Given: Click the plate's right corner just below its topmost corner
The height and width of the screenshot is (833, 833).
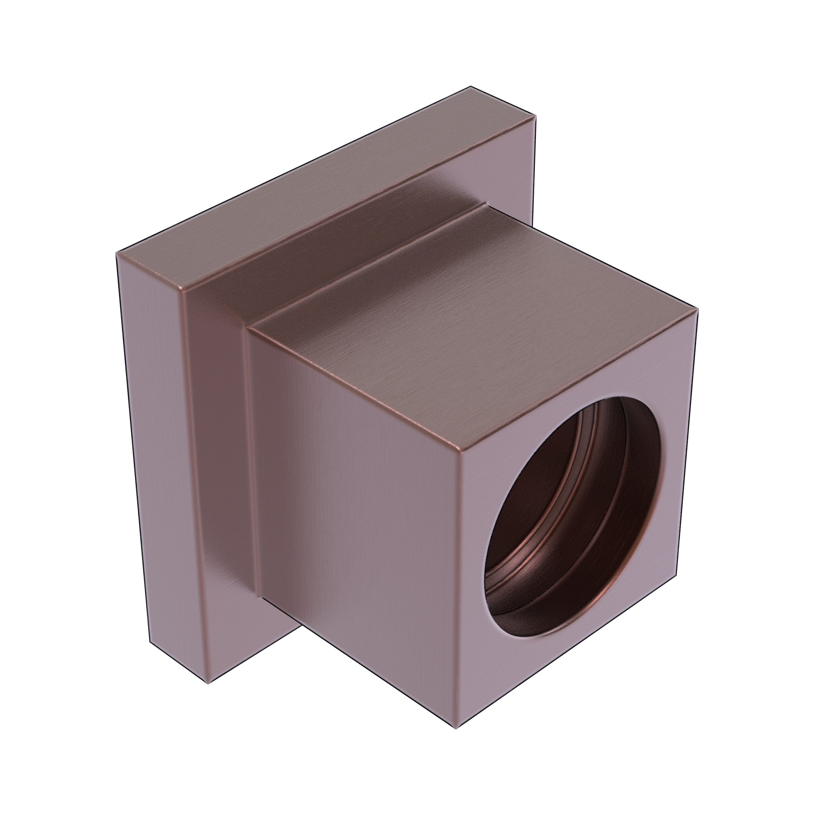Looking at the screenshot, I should pyautogui.click(x=536, y=116).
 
